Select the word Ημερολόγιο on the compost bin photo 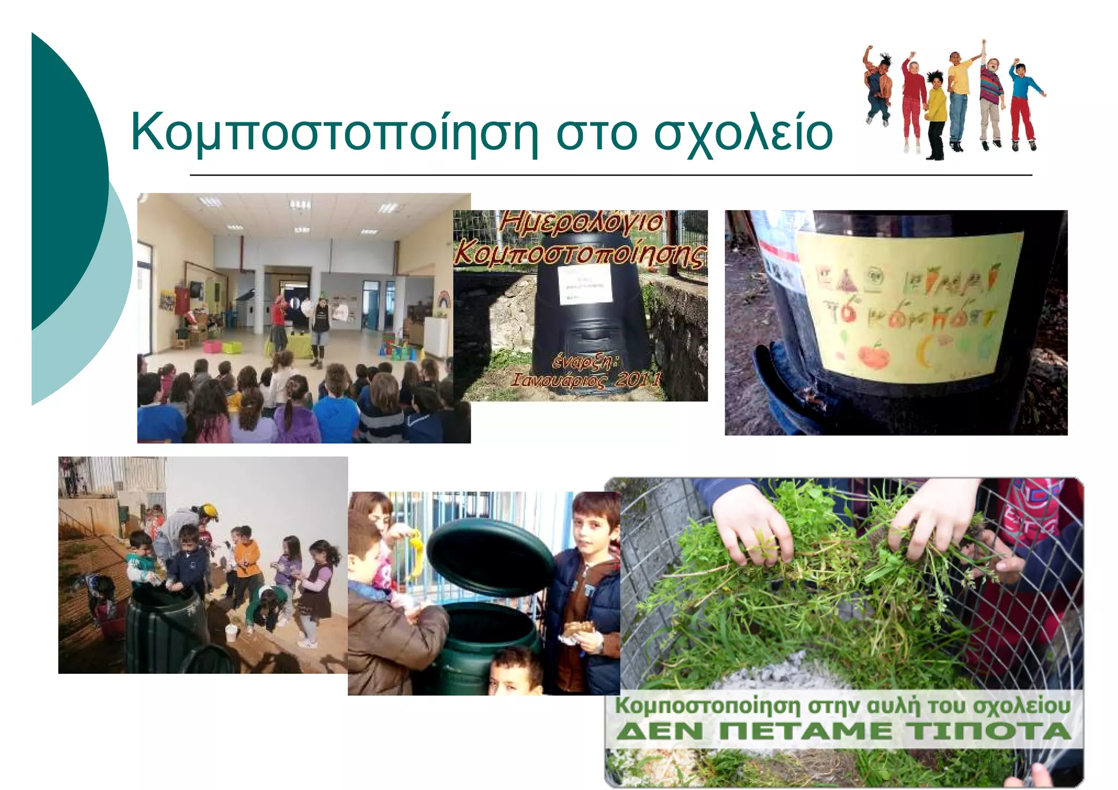coord(582,223)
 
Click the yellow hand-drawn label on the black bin coord(908,306)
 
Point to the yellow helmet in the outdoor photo coord(209,512)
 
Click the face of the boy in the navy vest coord(591,526)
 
